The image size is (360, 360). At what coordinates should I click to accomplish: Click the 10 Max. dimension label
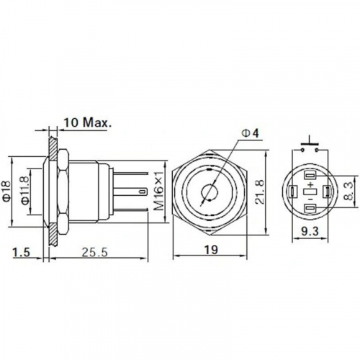click(88, 122)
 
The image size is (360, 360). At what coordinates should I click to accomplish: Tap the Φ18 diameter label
click(7, 192)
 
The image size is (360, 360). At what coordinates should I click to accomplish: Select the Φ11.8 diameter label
click(25, 191)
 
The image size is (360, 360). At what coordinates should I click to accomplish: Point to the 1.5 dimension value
click(22, 252)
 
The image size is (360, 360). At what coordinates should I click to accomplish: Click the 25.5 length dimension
click(95, 252)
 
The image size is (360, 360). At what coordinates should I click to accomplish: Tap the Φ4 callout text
click(251, 133)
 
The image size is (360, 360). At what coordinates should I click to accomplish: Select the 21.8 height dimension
click(260, 192)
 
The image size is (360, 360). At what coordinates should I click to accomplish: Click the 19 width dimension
click(212, 250)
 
